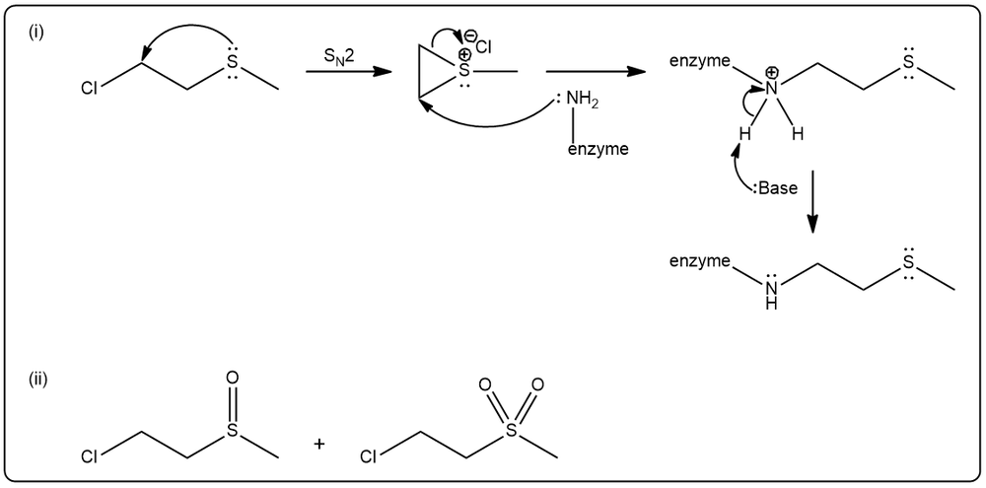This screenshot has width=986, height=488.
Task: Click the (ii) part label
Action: [x=38, y=380]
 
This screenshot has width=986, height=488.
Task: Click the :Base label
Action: [x=775, y=188]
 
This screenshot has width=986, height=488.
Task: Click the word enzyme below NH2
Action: [x=598, y=150]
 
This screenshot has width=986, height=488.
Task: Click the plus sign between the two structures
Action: [x=319, y=444]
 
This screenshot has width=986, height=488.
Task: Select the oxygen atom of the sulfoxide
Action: [x=232, y=378]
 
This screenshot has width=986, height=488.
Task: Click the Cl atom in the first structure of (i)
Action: [x=90, y=90]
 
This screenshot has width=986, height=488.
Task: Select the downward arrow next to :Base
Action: [x=812, y=201]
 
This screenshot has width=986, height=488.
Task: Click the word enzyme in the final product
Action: [x=700, y=260]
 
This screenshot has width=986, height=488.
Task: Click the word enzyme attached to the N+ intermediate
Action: [x=700, y=61]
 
